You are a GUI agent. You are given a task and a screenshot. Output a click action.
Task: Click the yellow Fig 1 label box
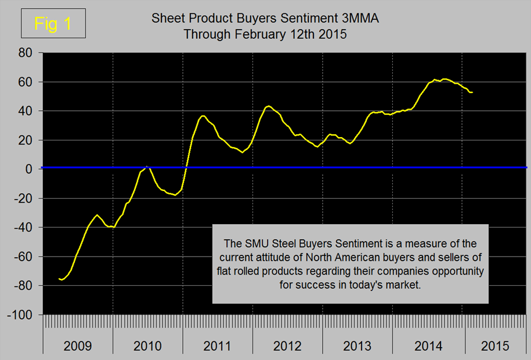(53, 23)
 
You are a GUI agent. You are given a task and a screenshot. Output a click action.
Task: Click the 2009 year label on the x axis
(78, 347)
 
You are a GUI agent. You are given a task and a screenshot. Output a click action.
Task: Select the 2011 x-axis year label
(218, 347)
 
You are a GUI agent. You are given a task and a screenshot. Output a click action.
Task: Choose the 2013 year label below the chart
(357, 347)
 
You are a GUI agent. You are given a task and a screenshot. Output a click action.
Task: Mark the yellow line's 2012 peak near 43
(268, 106)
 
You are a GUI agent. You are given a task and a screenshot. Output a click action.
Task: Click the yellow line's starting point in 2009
(60, 279)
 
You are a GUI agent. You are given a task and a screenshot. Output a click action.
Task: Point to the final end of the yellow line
(472, 92)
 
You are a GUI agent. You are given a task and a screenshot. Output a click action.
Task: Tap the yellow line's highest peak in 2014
(444, 79)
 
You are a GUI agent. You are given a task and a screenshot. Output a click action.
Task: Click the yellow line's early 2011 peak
(203, 116)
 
